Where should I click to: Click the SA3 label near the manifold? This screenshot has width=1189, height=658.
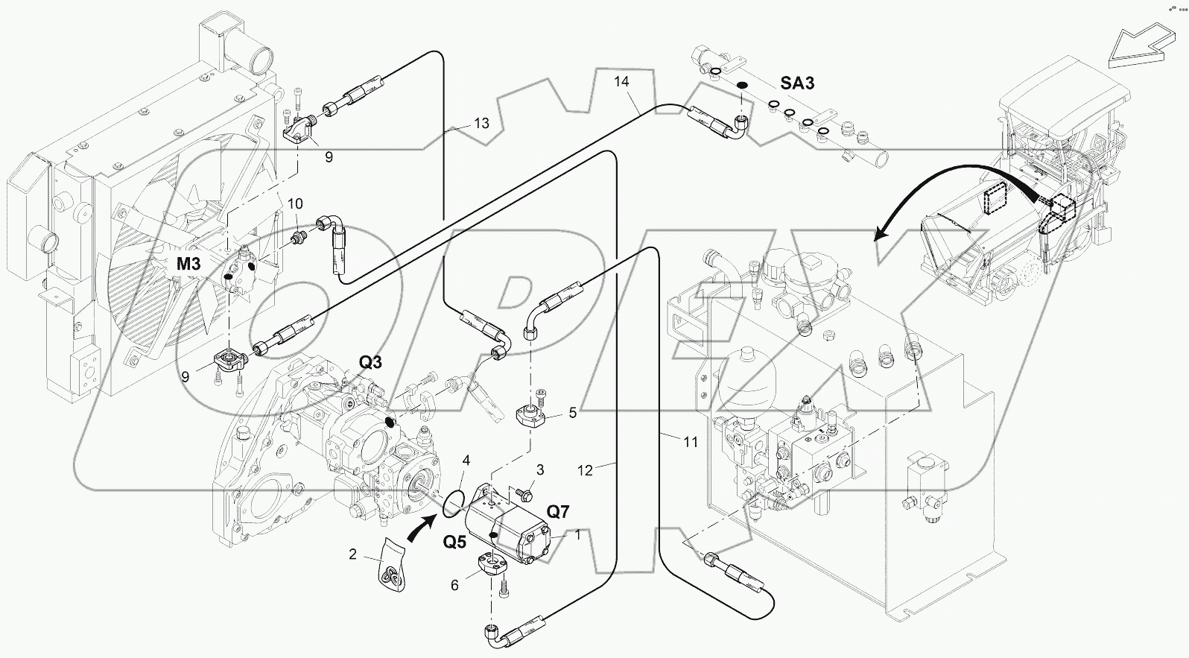coord(797,83)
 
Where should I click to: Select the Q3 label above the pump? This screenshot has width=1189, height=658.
coord(370,362)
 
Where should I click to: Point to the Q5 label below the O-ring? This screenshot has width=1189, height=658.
coord(455,541)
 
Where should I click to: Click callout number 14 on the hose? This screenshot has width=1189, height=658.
coord(622,80)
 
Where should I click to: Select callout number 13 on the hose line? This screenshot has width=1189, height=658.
coord(481,123)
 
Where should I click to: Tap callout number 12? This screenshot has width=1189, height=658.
coord(586,470)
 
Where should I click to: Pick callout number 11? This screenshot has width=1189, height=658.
coord(691,442)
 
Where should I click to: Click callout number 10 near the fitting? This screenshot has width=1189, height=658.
coord(296,203)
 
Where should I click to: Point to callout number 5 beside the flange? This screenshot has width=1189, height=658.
coord(573,411)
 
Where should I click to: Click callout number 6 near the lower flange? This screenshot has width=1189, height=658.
coord(454,586)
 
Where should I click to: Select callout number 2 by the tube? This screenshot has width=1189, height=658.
coord(353,554)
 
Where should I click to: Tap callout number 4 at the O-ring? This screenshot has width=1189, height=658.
coord(466,461)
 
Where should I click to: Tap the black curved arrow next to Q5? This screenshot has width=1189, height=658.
coord(422,530)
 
